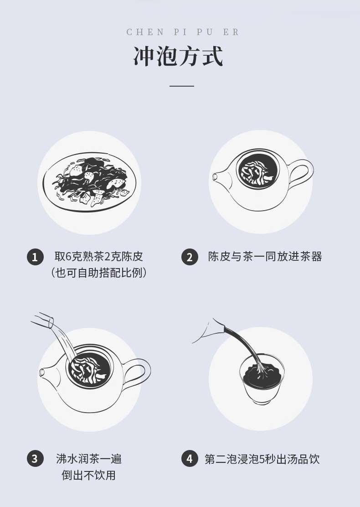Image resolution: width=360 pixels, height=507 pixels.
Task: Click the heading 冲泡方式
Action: click(x=178, y=57)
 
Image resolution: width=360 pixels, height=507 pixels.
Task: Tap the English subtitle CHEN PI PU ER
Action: click(x=183, y=32)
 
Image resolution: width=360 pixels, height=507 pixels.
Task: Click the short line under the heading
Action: click(x=182, y=86)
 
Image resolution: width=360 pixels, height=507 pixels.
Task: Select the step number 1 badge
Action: click(x=35, y=257)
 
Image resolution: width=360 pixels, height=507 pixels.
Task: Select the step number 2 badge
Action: click(x=190, y=257)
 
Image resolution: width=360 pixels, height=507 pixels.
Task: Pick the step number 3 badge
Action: click(x=35, y=459)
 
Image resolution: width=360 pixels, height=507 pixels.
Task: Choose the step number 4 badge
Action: click(x=190, y=459)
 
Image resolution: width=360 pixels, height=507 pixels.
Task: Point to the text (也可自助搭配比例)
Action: click(x=98, y=273)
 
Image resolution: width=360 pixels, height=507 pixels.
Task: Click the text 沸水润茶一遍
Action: click(x=89, y=459)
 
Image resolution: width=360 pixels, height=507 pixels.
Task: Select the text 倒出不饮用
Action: click(x=89, y=475)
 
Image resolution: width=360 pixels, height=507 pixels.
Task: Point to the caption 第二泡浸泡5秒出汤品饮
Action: click(x=262, y=459)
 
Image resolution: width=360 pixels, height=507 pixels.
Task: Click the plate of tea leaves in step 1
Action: click(x=89, y=182)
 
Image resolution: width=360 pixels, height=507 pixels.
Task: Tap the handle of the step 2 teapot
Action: click(x=302, y=175)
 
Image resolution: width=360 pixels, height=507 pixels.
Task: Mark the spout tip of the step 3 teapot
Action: click(x=42, y=372)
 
